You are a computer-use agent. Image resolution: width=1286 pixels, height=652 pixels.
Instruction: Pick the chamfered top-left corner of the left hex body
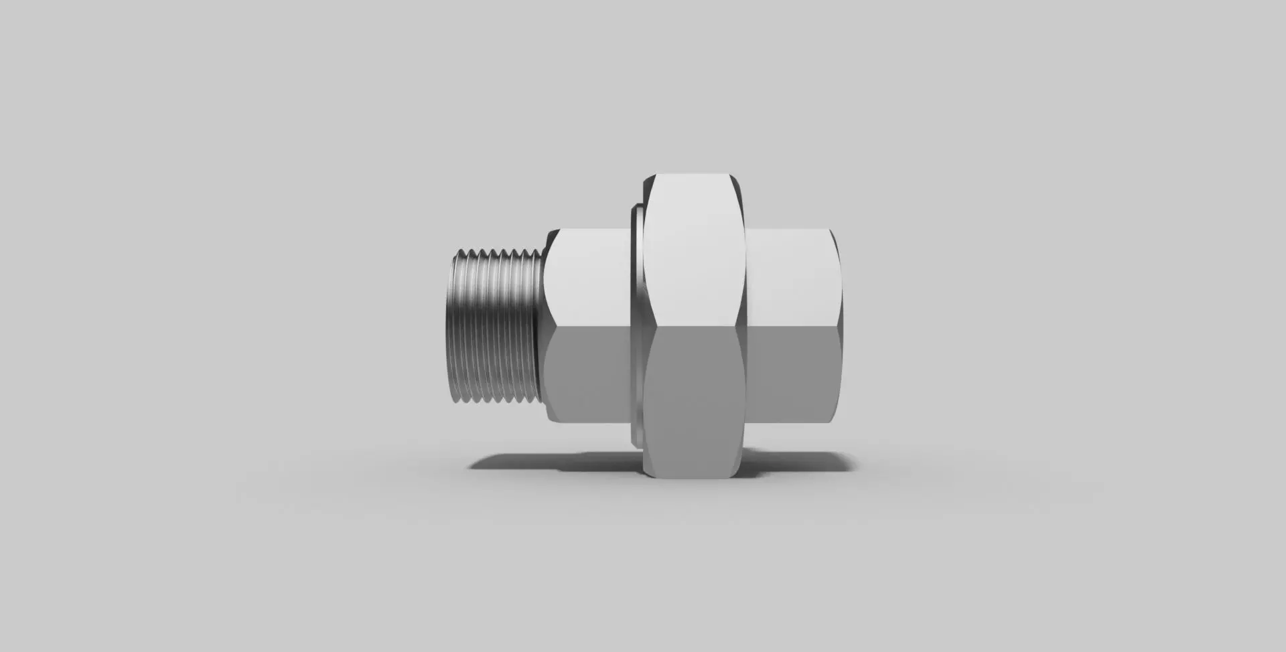click(551, 234)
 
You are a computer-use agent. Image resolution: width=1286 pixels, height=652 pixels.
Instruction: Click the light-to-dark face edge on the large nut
click(693, 326)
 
